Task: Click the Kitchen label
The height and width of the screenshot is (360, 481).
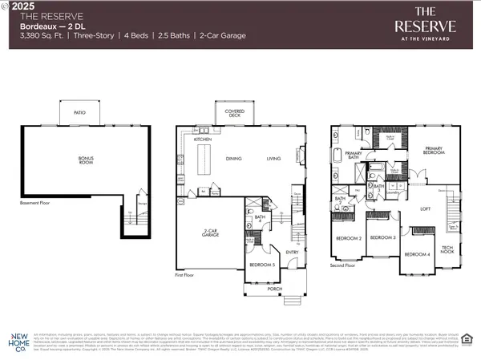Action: pos(203,140)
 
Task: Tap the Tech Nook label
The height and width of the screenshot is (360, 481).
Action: pos(449,250)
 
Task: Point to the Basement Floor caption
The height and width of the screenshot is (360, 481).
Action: pos(35,203)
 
